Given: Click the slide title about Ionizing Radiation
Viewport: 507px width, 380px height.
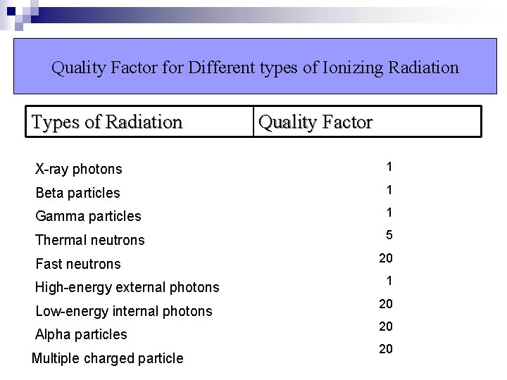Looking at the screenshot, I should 255,68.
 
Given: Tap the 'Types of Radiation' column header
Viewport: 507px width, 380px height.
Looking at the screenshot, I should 107,122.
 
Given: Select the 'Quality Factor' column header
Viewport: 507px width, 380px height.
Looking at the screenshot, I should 315,122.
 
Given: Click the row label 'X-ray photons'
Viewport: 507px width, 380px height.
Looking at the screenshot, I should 79,169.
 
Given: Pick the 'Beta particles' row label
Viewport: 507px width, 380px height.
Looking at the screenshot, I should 77,193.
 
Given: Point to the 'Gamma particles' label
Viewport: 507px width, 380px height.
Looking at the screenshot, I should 88,216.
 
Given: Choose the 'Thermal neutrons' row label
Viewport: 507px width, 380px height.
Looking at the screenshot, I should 89,240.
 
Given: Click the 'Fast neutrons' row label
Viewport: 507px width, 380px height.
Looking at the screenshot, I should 78,264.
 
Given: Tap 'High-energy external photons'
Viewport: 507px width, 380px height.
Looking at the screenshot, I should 127,287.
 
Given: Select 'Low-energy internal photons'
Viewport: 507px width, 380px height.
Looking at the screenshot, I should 123,311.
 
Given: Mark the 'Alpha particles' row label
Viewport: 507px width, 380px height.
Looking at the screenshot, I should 81,334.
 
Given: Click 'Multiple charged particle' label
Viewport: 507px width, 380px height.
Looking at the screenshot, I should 107,358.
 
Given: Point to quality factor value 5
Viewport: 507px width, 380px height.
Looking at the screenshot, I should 389,235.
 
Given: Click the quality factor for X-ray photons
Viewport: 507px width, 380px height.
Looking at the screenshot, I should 389,167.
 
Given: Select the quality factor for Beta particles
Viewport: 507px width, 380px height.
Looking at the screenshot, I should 389,189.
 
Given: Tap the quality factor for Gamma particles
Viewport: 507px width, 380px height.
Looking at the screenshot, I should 389,212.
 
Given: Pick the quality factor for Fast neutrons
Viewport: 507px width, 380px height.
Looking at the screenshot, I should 386,258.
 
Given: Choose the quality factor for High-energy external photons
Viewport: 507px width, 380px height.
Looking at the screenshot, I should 389,281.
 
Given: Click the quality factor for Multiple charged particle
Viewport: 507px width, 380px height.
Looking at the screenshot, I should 386,349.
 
